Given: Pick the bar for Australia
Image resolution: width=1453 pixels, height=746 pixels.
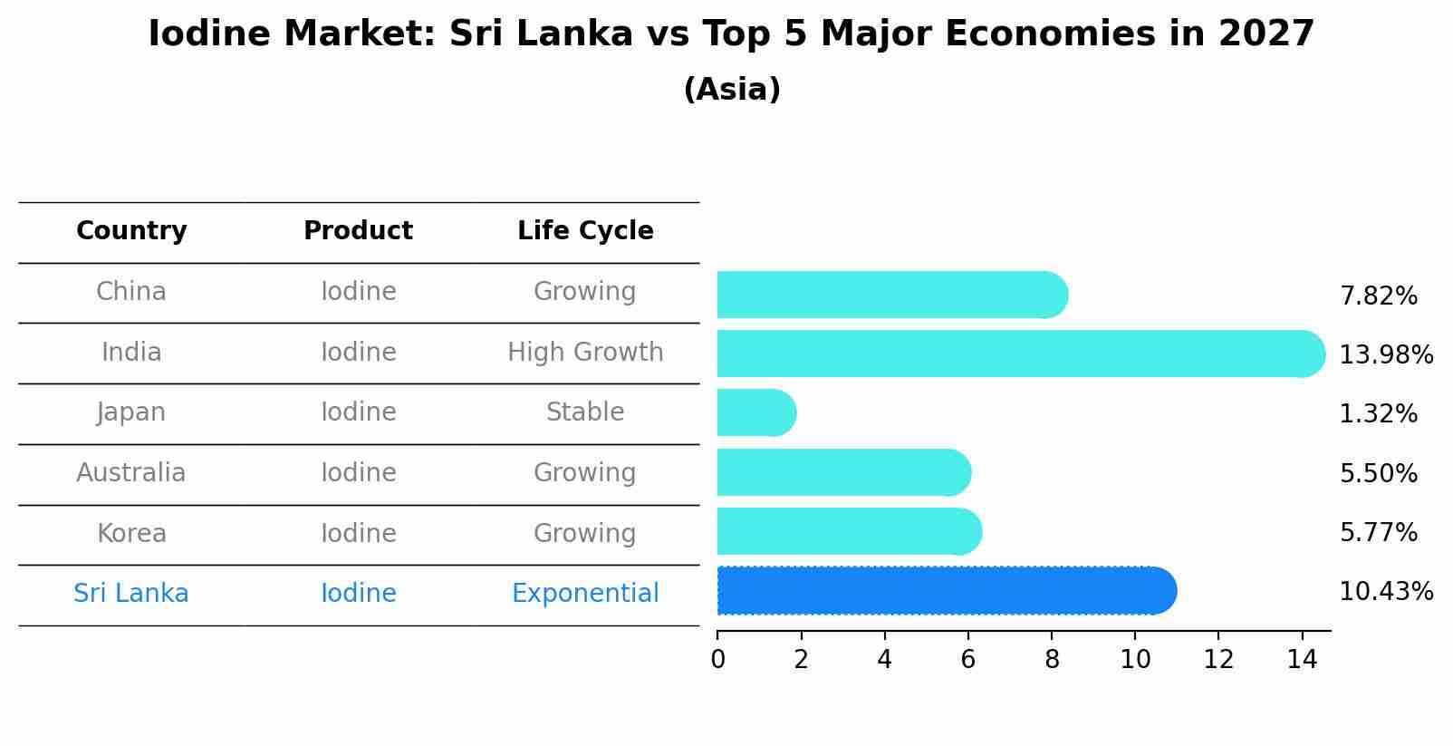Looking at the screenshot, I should click(x=842, y=472).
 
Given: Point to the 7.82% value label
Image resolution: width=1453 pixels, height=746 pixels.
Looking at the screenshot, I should click(x=1378, y=296).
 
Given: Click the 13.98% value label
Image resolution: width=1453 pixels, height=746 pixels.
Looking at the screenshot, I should click(x=1385, y=355).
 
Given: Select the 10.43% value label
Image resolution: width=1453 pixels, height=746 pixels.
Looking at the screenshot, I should click(x=1385, y=592).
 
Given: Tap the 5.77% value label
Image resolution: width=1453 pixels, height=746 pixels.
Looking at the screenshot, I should click(x=1378, y=533).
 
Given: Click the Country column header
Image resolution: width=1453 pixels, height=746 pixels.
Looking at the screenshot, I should click(x=131, y=231).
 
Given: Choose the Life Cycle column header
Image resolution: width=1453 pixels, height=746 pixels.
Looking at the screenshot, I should click(x=585, y=231).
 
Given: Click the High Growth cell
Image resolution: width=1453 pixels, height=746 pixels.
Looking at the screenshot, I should click(x=585, y=353).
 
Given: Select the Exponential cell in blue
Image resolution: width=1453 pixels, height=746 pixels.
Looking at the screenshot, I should click(x=585, y=594).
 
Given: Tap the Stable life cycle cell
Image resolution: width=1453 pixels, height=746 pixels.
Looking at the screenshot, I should click(x=585, y=412).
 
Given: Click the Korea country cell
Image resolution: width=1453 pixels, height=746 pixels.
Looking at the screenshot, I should click(x=131, y=534).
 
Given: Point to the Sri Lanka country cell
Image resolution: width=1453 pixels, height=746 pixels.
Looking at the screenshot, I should click(x=131, y=594).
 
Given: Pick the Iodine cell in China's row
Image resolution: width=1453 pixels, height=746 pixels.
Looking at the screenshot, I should click(x=359, y=292).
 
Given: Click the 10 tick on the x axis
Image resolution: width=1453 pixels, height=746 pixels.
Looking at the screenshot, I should click(x=1135, y=660).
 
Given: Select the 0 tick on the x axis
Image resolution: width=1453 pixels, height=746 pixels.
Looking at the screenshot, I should click(x=717, y=660).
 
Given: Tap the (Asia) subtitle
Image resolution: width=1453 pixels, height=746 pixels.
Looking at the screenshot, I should click(x=732, y=90).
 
